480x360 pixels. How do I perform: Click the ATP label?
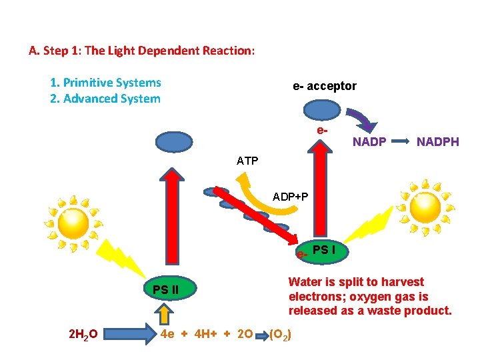(x=247, y=161)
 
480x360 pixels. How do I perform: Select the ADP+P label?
(x=290, y=197)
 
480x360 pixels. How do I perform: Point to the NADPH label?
(x=438, y=141)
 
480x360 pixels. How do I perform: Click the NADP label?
(x=369, y=141)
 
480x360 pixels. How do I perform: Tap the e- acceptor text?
(x=325, y=86)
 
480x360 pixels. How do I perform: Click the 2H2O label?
(x=85, y=333)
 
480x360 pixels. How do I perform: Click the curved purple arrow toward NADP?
(x=363, y=120)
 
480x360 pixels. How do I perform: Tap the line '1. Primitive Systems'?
(x=105, y=83)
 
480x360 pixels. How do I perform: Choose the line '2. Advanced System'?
(x=105, y=99)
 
